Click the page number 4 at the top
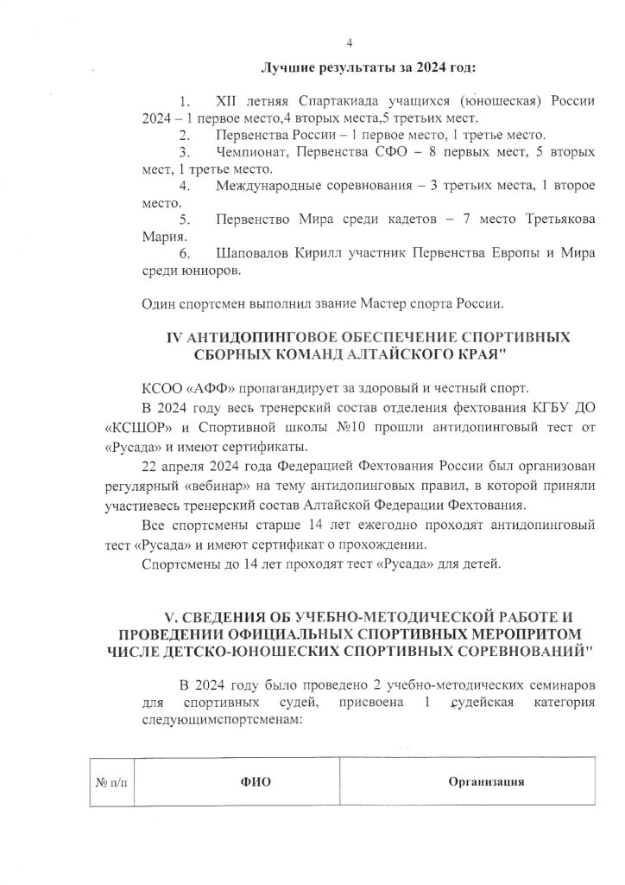[x=349, y=42]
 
